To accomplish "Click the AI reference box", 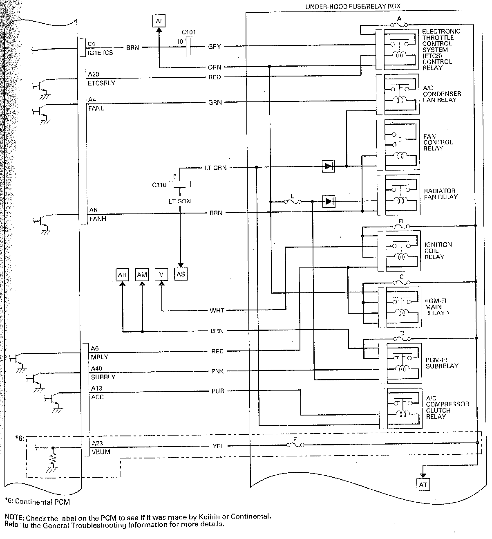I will [159, 21].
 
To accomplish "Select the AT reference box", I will [423, 485].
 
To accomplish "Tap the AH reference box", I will [122, 275].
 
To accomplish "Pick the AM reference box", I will [142, 274].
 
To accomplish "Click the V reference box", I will [161, 274].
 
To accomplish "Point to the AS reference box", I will [181, 274].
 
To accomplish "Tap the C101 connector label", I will [188, 32].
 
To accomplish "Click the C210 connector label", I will [159, 185].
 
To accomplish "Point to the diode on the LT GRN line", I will [329, 166].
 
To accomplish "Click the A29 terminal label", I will [94, 74].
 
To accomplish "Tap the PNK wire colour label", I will [217, 371].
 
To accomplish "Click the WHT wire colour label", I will [217, 310].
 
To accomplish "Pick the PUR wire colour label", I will [217, 391].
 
